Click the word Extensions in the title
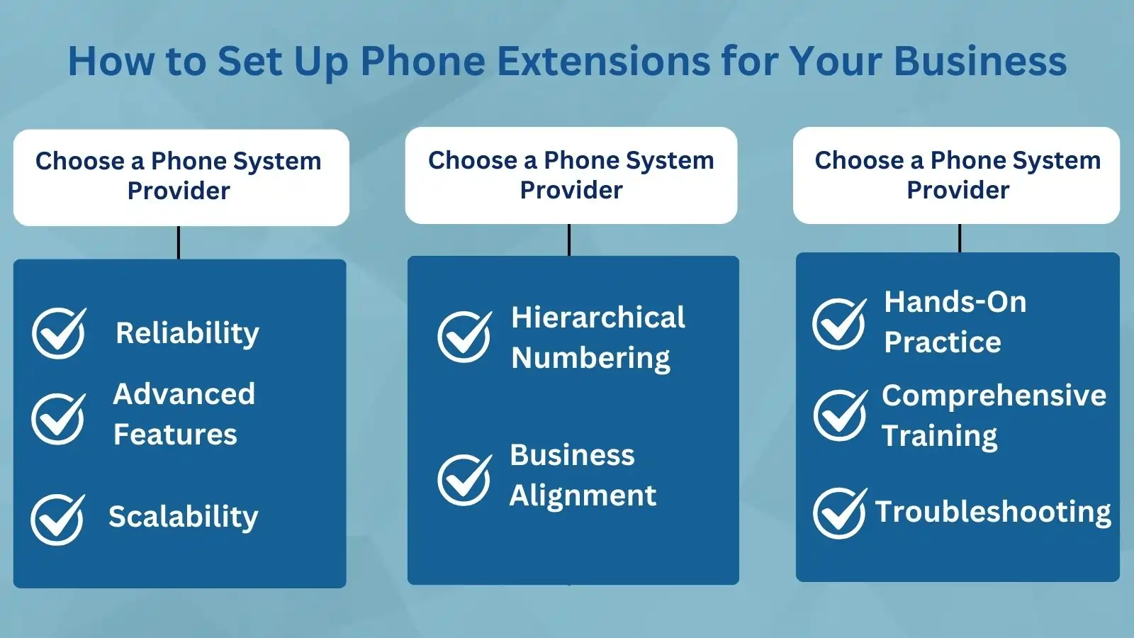pyautogui.click(x=603, y=61)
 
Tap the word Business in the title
pyautogui.click(x=980, y=61)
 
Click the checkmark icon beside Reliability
pyautogui.click(x=59, y=333)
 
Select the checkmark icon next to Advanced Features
pyautogui.click(x=58, y=419)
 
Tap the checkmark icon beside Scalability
pyautogui.click(x=57, y=519)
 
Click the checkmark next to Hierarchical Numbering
pyautogui.click(x=464, y=337)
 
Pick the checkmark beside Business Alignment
pyautogui.click(x=464, y=479)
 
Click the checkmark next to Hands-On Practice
pyautogui.click(x=839, y=324)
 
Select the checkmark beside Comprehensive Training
pyautogui.click(x=840, y=415)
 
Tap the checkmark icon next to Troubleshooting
pyautogui.click(x=839, y=513)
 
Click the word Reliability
pyautogui.click(x=187, y=333)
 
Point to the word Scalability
pyautogui.click(x=184, y=517)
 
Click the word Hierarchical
pyautogui.click(x=598, y=318)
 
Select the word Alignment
pyautogui.click(x=583, y=496)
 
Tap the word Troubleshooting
pyautogui.click(x=993, y=512)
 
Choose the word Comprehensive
pyautogui.click(x=994, y=396)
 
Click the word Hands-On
pyautogui.click(x=955, y=302)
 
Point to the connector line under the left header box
pyautogui.click(x=179, y=242)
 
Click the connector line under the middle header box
pyautogui.click(x=569, y=240)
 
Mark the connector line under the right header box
pyautogui.click(x=960, y=238)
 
